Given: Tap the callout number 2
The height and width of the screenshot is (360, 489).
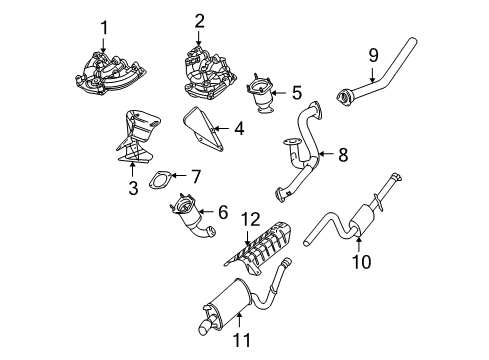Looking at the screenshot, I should tap(199, 21).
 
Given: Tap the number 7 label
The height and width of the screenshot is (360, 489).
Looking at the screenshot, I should tap(196, 176).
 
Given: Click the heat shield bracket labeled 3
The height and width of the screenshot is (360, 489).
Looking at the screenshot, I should tap(135, 140).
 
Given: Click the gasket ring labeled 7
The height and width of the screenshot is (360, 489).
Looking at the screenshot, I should tap(157, 182).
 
